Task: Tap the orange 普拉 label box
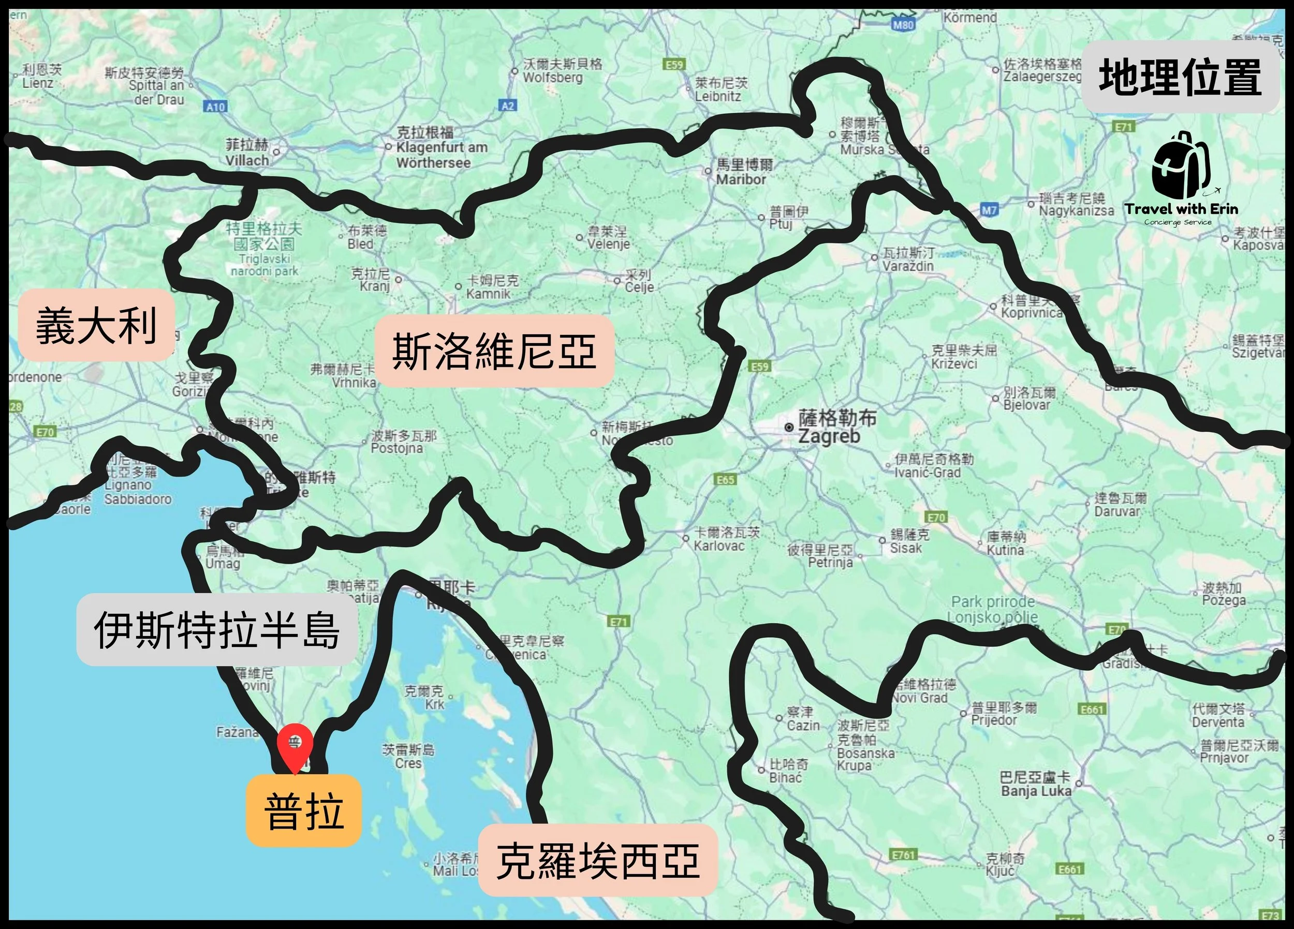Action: pyautogui.click(x=303, y=810)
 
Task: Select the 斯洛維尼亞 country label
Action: pyautogui.click(x=494, y=351)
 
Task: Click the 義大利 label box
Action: pyautogui.click(x=96, y=325)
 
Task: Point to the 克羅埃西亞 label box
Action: pyautogui.click(x=597, y=860)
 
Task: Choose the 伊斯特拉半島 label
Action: pyautogui.click(x=217, y=629)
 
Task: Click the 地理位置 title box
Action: pyautogui.click(x=1181, y=77)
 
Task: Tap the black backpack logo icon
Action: pyautogui.click(x=1180, y=166)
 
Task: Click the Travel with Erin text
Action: pyautogui.click(x=1181, y=209)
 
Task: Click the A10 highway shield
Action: pyautogui.click(x=215, y=107)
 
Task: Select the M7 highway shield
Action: pyautogui.click(x=990, y=210)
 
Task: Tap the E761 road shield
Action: pyautogui.click(x=904, y=855)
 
